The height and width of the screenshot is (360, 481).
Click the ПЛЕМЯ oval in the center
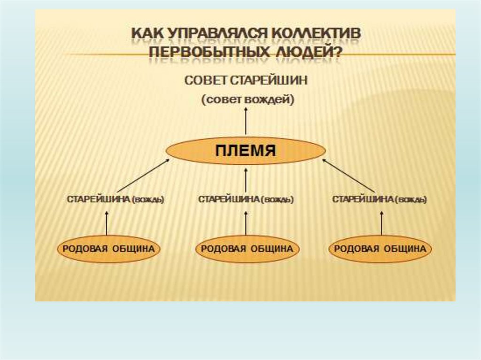coord(246,151)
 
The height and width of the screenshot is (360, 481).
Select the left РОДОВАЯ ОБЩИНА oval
coord(109,249)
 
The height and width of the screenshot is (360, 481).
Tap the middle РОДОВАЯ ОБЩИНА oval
coord(247,249)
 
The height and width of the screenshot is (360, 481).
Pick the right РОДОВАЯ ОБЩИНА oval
coord(380,249)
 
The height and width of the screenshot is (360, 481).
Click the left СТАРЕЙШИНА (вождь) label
coord(116,199)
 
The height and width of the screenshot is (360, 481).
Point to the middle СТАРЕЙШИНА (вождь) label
coord(246,199)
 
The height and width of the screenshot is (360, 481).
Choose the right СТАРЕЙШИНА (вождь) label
coord(380,199)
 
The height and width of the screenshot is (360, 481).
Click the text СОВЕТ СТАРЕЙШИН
coord(246,80)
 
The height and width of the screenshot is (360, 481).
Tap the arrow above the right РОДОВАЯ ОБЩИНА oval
coord(381,222)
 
